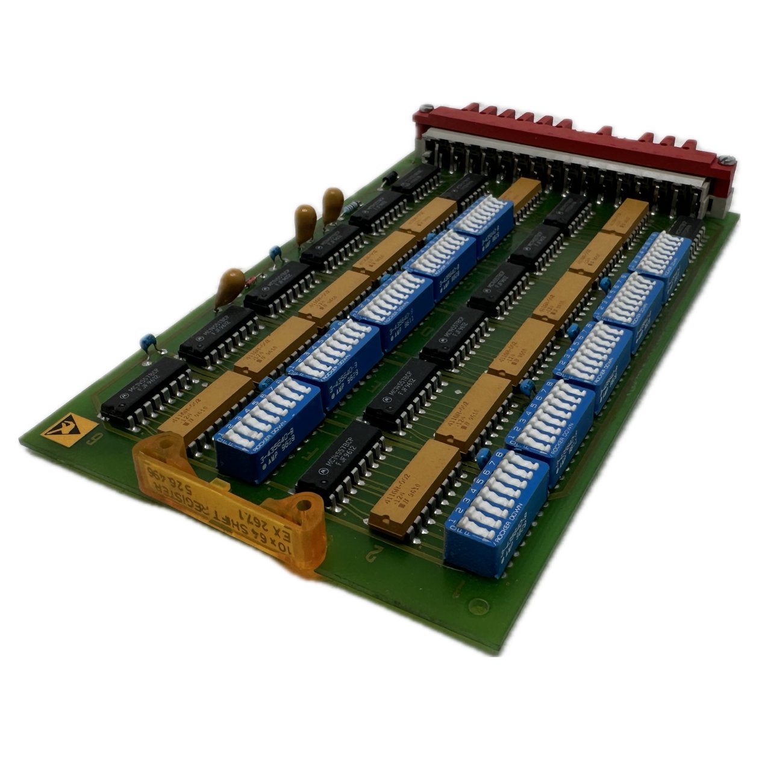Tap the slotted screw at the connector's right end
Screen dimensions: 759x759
pyautogui.click(x=728, y=159)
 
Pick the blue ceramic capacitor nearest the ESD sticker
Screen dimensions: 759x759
pyautogui.click(x=148, y=344)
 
